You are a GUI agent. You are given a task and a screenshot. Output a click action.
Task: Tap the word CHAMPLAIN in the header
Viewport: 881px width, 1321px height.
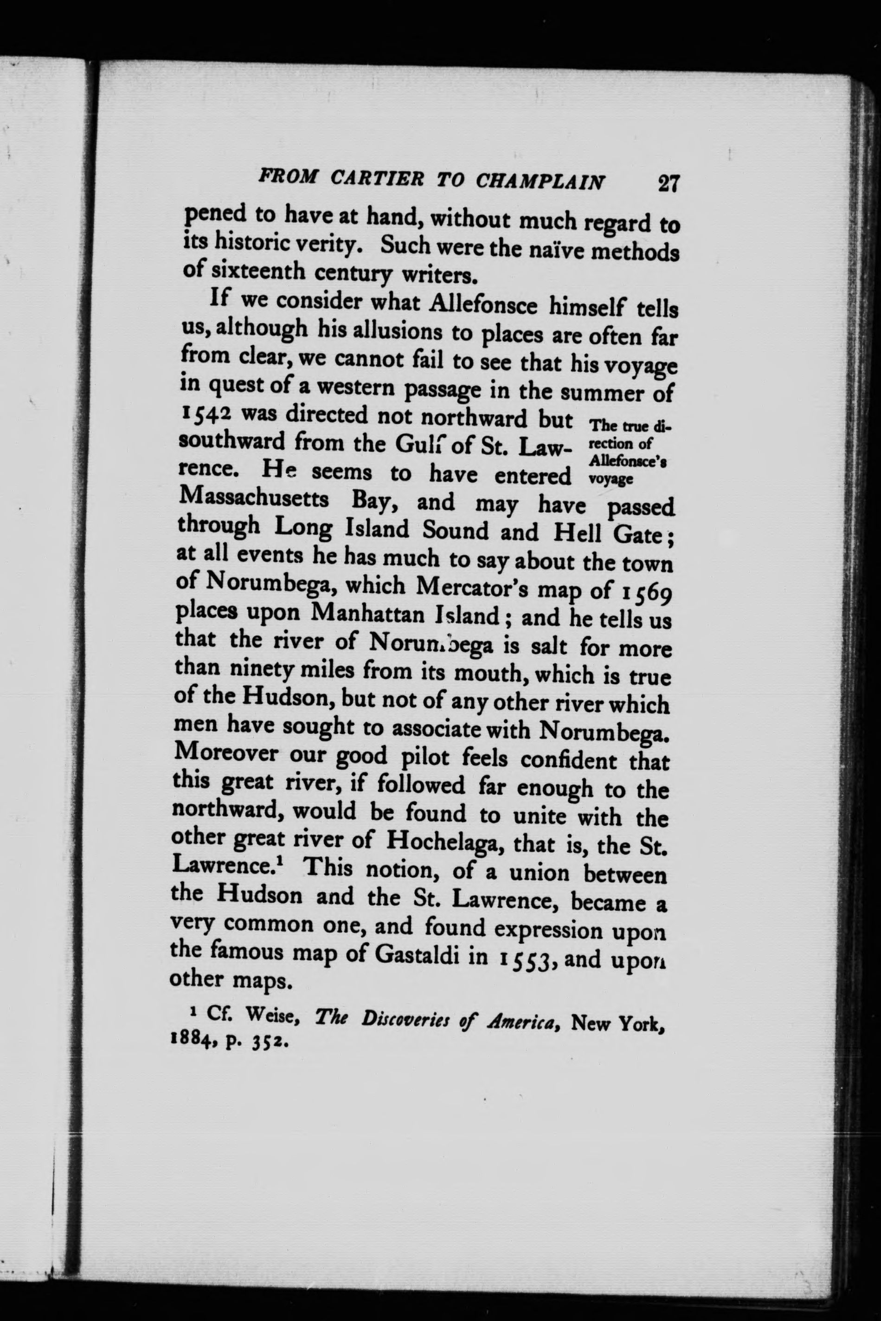tap(541, 181)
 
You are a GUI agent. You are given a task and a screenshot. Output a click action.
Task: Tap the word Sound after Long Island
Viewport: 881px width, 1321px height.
tap(455, 530)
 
